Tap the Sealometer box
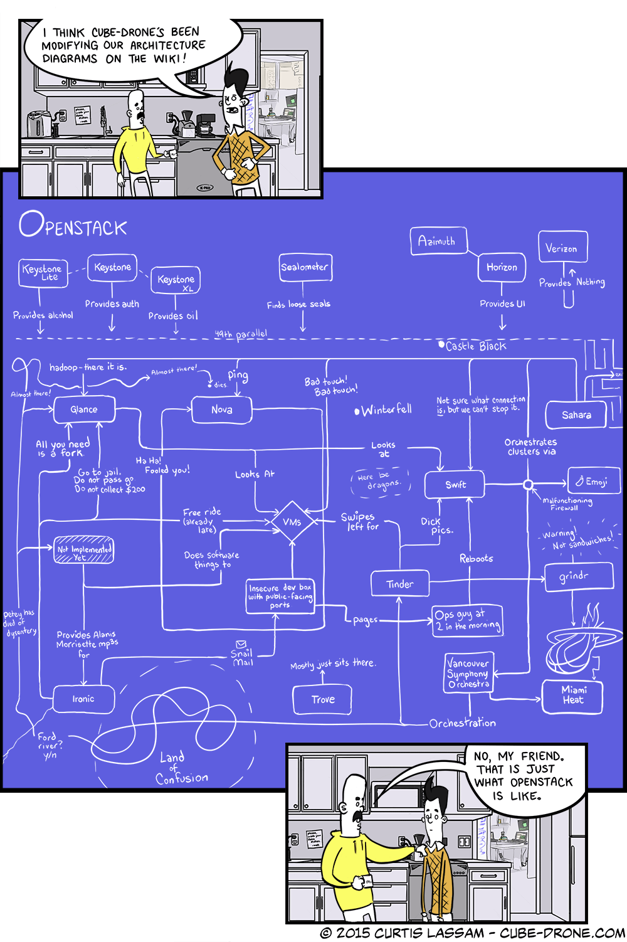pos(305,267)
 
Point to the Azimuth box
pos(438,241)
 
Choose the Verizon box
pos(562,248)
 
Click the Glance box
pos(84,410)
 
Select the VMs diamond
pos(292,522)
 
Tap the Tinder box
pos(400,585)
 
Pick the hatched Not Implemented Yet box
pos(84,550)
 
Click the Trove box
pos(322,699)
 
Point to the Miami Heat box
pos(572,695)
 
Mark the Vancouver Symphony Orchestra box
pos(468,673)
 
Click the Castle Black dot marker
pos(441,344)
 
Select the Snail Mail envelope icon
pos(241,644)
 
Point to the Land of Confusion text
pos(179,768)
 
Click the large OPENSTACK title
pos(73,225)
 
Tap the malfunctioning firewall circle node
pos(529,484)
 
